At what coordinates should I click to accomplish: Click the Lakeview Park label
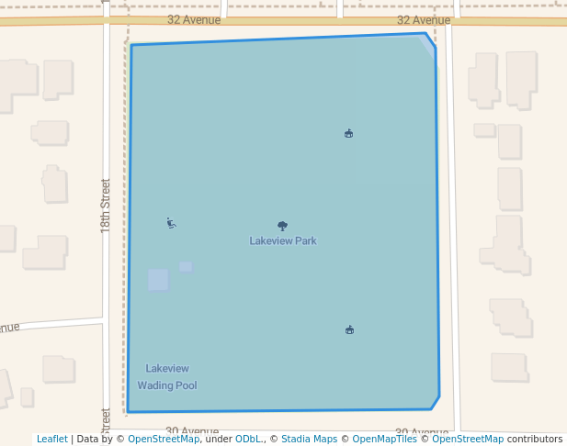[x=283, y=240]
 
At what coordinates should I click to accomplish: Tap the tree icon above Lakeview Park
[x=282, y=226]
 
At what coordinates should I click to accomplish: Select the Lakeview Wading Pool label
[x=167, y=377]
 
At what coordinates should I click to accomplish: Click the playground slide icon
[x=171, y=223]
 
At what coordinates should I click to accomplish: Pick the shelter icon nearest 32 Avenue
[x=348, y=134]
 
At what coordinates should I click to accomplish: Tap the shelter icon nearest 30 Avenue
[x=349, y=330]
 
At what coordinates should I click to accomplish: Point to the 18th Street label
[x=106, y=205]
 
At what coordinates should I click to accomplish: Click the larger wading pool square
[x=158, y=280]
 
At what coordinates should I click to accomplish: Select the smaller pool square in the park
[x=186, y=267]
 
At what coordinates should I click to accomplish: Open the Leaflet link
[x=51, y=439]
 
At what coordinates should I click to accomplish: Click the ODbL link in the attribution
[x=248, y=439]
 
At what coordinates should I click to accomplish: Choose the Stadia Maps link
[x=309, y=439]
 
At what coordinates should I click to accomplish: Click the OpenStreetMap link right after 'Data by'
[x=164, y=439]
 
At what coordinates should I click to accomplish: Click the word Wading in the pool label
[x=154, y=385]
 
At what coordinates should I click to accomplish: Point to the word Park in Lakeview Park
[x=304, y=240]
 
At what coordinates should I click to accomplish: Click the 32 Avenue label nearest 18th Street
[x=194, y=19]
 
